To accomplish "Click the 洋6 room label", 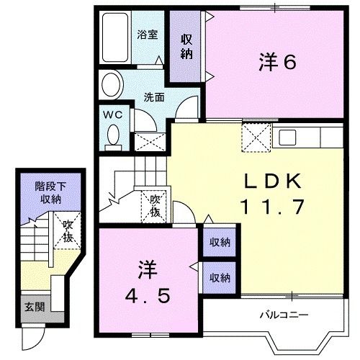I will [277, 63].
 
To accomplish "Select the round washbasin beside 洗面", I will [112, 86].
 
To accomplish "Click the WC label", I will [112, 114].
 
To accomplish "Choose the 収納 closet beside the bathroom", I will [186, 46].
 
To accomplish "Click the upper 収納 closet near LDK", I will [220, 242].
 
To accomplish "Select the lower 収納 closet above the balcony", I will [220, 277].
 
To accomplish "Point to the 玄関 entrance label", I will [35, 306].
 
